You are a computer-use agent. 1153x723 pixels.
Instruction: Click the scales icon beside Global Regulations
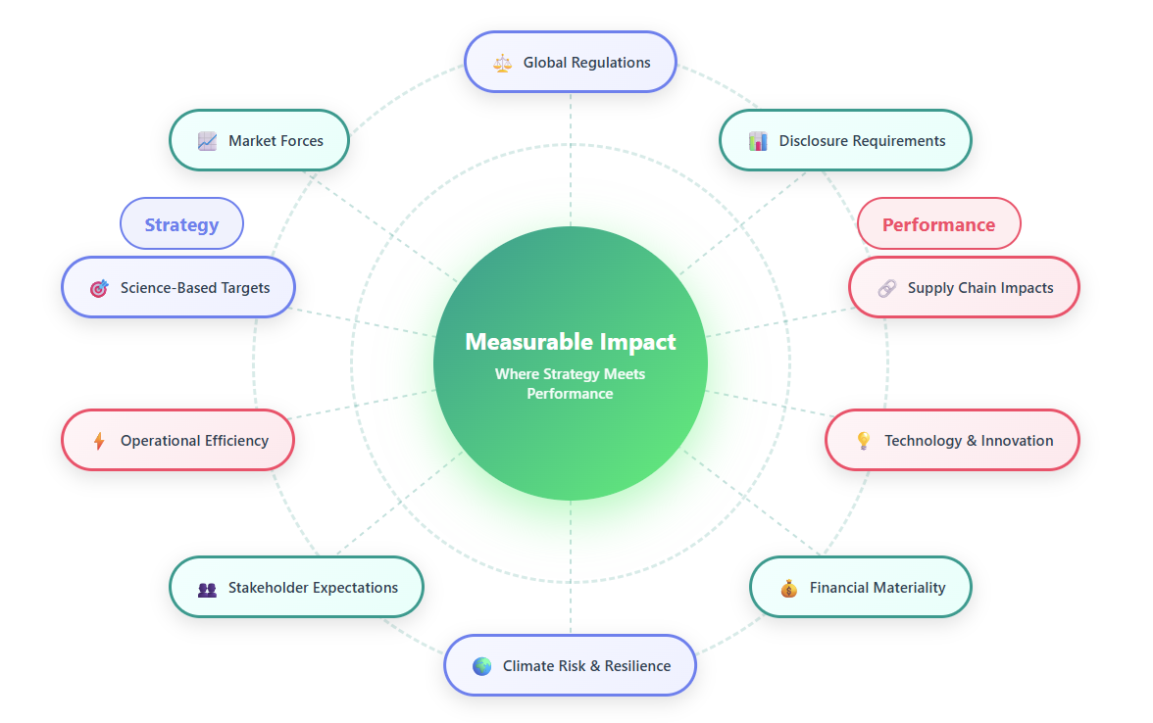coord(503,63)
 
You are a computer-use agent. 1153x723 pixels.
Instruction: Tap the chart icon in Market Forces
coord(207,141)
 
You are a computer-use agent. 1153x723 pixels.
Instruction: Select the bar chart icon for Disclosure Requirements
coord(758,141)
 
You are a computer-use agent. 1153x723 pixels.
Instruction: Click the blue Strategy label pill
coord(181,224)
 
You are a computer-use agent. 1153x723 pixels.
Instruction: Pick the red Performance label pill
coord(938,224)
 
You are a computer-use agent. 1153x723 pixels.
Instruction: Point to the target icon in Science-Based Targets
coord(99,288)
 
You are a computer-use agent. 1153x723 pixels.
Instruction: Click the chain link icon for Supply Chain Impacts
coord(886,288)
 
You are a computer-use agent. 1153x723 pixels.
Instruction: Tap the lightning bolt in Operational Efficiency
coord(99,441)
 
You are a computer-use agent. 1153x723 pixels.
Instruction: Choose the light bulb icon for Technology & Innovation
coord(863,441)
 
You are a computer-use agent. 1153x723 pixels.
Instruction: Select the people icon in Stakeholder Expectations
coord(207,589)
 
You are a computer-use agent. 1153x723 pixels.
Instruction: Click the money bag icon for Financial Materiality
coord(788,589)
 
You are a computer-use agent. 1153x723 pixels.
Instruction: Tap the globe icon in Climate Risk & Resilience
coord(481,666)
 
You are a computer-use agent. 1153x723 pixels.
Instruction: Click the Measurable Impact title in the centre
coord(570,342)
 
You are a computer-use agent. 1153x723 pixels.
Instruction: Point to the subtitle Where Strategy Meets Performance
coord(570,383)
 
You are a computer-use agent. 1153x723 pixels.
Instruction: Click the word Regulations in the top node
coord(613,63)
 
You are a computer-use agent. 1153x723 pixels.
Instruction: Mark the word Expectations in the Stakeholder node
coord(355,588)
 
